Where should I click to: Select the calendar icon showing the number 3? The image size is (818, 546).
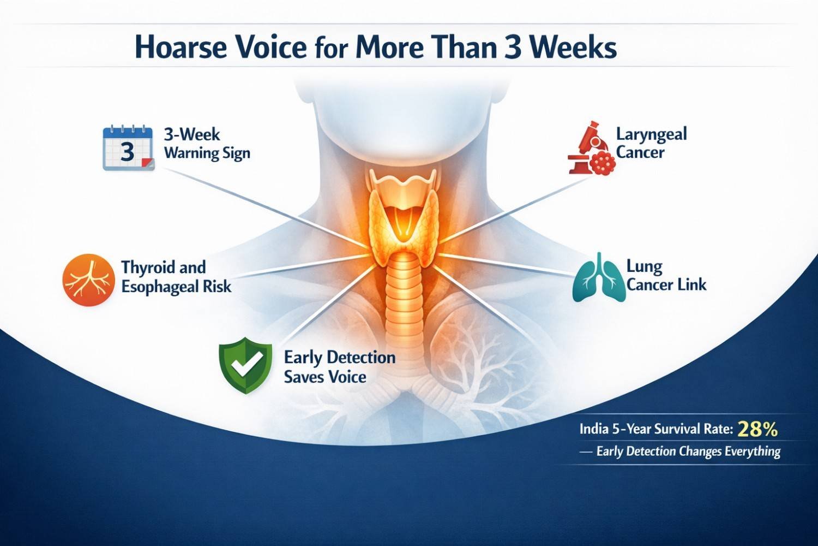[x=128, y=148]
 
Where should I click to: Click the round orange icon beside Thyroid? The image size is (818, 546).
[x=89, y=280]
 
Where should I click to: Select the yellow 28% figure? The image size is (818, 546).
[x=757, y=430]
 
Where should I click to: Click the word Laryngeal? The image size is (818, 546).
[x=652, y=134]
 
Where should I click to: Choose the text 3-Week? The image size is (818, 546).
[x=192, y=134]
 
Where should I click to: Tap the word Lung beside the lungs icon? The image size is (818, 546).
[x=644, y=266]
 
